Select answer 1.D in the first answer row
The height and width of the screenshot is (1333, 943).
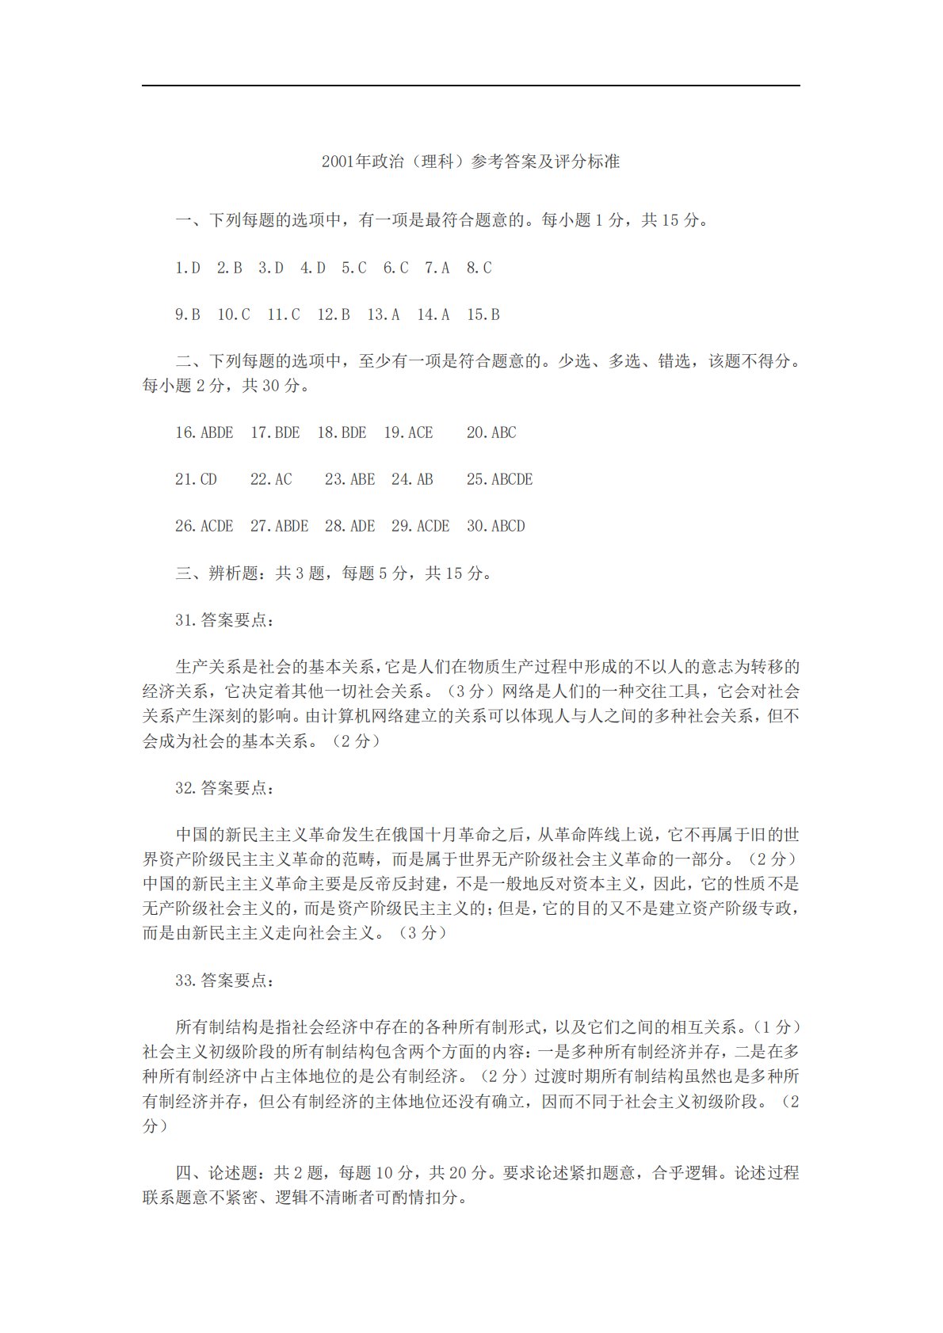click(188, 268)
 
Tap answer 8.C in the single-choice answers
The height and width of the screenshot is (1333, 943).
click(479, 268)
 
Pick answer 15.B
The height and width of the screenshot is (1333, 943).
click(483, 314)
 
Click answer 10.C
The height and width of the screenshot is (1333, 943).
click(234, 314)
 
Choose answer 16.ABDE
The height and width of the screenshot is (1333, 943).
click(204, 432)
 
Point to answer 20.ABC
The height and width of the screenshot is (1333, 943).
click(491, 432)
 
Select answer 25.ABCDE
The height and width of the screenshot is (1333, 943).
click(499, 479)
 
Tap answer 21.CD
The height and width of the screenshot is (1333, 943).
click(196, 479)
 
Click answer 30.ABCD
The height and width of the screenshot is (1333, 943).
click(496, 526)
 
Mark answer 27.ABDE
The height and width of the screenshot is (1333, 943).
click(279, 526)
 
